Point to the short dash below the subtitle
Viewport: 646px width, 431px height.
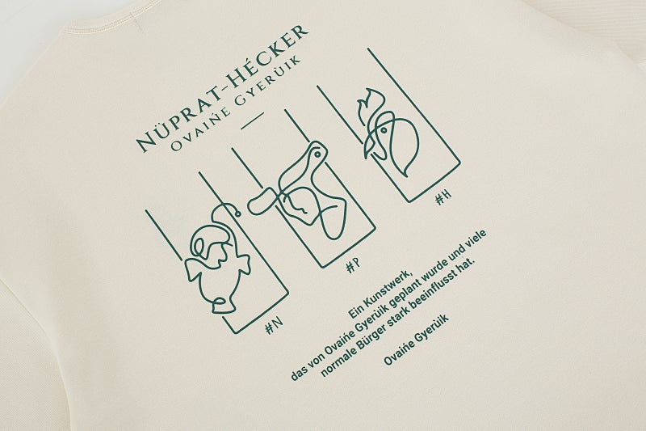[x=252, y=120]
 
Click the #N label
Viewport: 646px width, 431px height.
[x=275, y=326]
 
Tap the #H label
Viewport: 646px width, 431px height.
[x=443, y=197]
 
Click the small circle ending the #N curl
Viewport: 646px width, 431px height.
[x=237, y=213]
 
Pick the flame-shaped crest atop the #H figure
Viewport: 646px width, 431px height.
[x=372, y=104]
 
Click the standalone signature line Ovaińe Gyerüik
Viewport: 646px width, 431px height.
[x=416, y=340]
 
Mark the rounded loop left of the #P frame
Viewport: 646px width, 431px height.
[x=260, y=201]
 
